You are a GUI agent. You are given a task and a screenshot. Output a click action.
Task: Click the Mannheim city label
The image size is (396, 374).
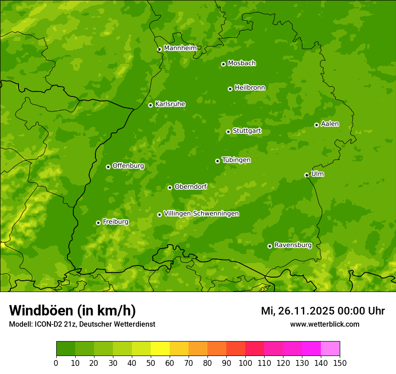coord(180,48)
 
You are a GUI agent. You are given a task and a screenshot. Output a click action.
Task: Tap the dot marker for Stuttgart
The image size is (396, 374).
coord(228,132)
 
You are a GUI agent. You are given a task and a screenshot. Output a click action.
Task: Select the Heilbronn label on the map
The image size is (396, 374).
coord(250,88)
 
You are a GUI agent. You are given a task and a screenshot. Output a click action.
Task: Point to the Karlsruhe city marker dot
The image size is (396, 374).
coord(150,105)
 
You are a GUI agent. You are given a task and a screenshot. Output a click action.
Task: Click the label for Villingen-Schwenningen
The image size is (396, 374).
coord(201,214)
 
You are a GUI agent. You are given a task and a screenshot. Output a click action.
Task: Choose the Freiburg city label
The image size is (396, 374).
coord(115,222)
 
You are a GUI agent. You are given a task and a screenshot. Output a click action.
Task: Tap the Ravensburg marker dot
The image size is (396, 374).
coord(270,246)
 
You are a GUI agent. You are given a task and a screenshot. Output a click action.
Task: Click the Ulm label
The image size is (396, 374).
coord(317,174)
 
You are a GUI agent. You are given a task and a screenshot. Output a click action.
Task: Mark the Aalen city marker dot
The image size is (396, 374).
coord(316,125)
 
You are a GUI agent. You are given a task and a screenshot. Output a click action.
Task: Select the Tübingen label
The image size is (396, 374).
coord(236,160)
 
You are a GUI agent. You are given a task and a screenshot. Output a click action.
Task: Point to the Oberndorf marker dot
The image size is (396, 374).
coord(170,187)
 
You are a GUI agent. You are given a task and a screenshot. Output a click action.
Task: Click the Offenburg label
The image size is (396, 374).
coord(128,166)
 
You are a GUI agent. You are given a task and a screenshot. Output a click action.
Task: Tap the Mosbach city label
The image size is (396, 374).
coord(242,64)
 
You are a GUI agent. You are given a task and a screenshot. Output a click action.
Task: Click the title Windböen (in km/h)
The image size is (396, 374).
coord(72,310)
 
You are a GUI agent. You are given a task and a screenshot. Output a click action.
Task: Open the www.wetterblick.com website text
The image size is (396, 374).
coord(324,324)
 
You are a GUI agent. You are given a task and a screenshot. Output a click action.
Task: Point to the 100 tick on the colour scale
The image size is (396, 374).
coord(245,363)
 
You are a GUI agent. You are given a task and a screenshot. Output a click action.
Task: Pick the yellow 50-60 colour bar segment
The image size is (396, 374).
coord(160,349)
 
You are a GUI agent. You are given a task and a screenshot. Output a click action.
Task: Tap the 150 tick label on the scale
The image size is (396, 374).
coord(340,363)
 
